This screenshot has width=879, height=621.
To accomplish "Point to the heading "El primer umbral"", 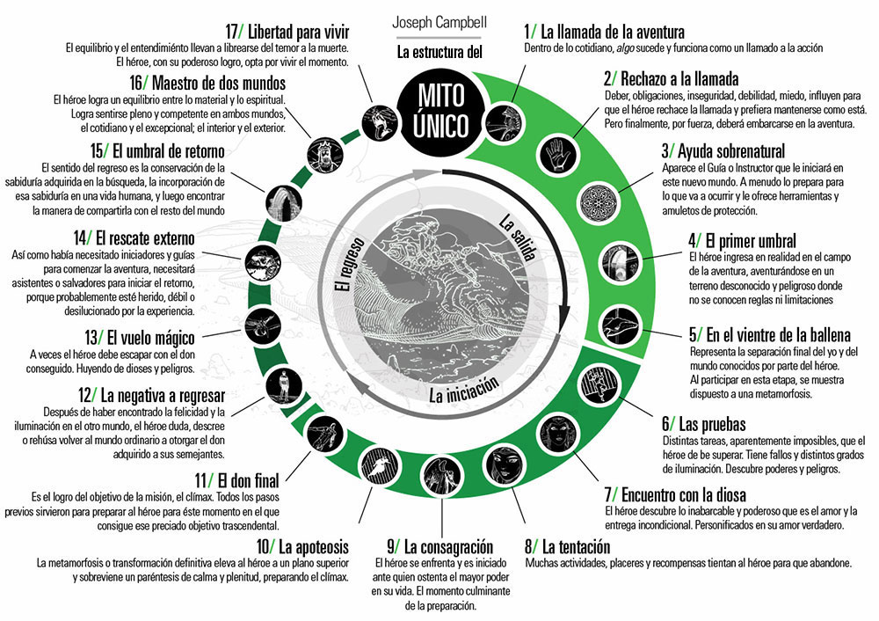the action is pos(742,240).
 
